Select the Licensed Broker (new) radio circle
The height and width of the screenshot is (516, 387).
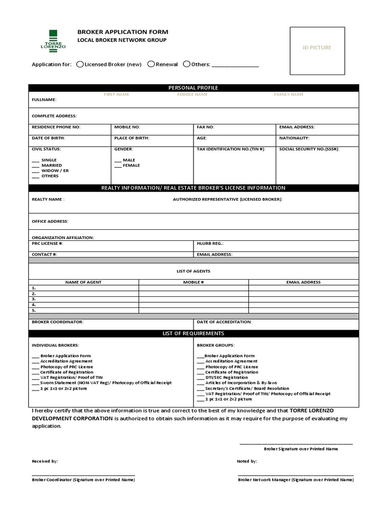click(x=80, y=64)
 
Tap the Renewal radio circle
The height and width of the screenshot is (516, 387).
click(x=151, y=64)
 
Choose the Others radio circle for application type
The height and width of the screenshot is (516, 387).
click(x=186, y=64)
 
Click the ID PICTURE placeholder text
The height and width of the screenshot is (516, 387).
click(x=317, y=47)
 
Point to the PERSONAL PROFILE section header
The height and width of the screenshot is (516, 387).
click(x=193, y=88)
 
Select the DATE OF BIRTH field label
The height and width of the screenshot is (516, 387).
click(x=48, y=138)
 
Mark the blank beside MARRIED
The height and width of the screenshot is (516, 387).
click(x=35, y=165)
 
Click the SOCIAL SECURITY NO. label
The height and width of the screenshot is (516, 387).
click(x=309, y=149)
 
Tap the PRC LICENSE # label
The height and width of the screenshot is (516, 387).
click(x=47, y=243)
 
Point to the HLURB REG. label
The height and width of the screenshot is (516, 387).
click(x=211, y=243)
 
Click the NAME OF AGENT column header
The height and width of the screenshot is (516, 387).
click(x=83, y=282)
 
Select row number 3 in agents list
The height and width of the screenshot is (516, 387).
click(x=34, y=299)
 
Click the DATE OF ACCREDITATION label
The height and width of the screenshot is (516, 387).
click(x=224, y=321)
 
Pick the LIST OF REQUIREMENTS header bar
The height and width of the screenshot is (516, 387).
click(x=193, y=334)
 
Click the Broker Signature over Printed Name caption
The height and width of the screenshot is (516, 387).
click(x=301, y=448)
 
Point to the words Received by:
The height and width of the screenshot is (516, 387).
click(x=45, y=461)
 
